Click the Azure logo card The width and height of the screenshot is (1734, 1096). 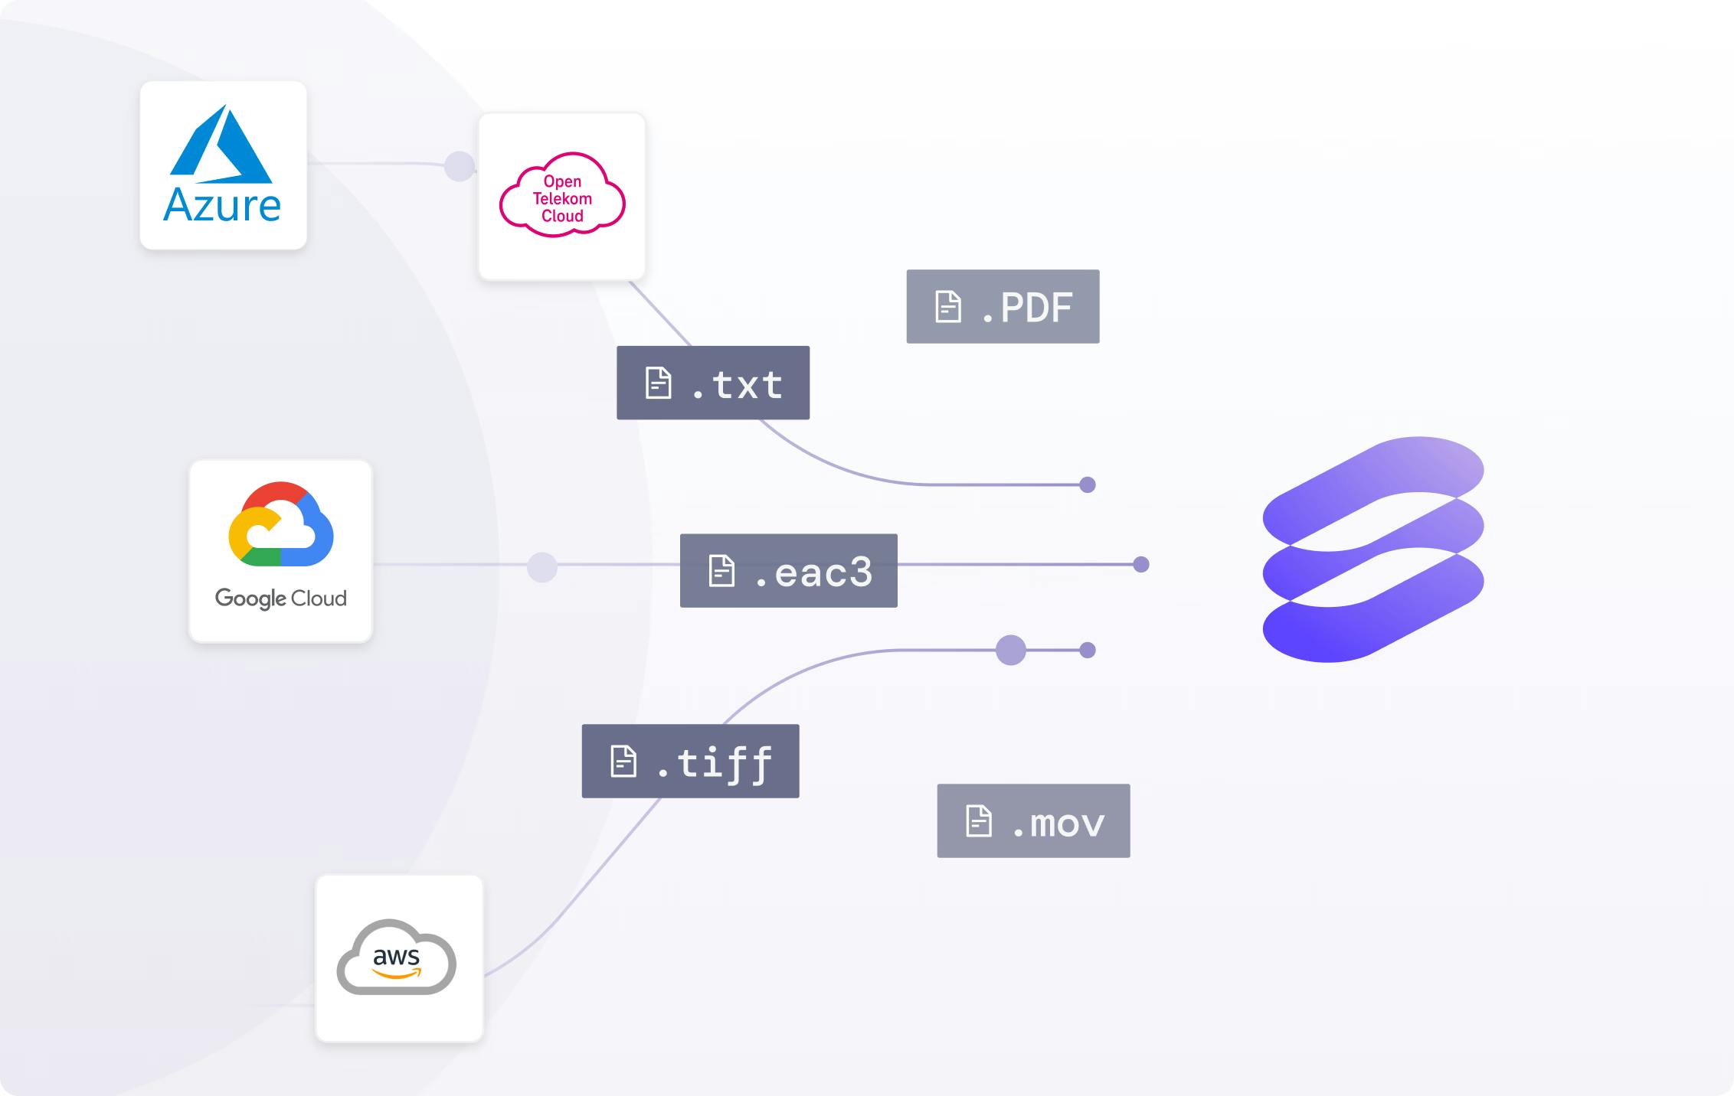[224, 165]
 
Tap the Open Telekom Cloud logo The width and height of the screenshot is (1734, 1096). [562, 194]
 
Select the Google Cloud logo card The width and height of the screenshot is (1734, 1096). [281, 551]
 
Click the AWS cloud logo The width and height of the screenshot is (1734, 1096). [397, 957]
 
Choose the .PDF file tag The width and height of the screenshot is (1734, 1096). [1003, 306]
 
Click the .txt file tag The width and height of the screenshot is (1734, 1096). [713, 383]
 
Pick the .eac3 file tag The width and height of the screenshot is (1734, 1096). [789, 571]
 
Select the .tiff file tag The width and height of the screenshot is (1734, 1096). [691, 762]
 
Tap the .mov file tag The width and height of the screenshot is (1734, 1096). [1033, 820]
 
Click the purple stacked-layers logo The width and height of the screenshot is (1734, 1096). [1373, 550]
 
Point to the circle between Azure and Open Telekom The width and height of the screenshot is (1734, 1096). [460, 166]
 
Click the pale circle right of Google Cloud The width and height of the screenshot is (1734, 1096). [542, 567]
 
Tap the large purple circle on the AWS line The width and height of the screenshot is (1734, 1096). [1011, 651]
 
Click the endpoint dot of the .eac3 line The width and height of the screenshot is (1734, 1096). [1141, 565]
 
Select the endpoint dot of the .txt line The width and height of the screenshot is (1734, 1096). [1088, 484]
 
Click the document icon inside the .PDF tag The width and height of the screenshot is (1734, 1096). [948, 307]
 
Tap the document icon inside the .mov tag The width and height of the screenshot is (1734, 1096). [979, 821]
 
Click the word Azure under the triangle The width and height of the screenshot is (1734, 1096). [222, 205]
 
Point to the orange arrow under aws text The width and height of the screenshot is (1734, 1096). [397, 974]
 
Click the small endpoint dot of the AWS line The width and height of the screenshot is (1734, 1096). [1088, 651]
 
